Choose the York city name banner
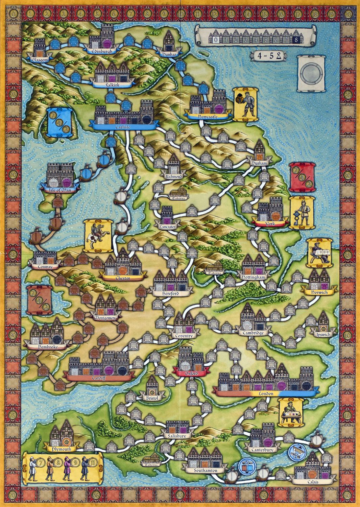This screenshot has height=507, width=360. point(270,224)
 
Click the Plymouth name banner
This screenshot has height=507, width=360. point(63,449)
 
